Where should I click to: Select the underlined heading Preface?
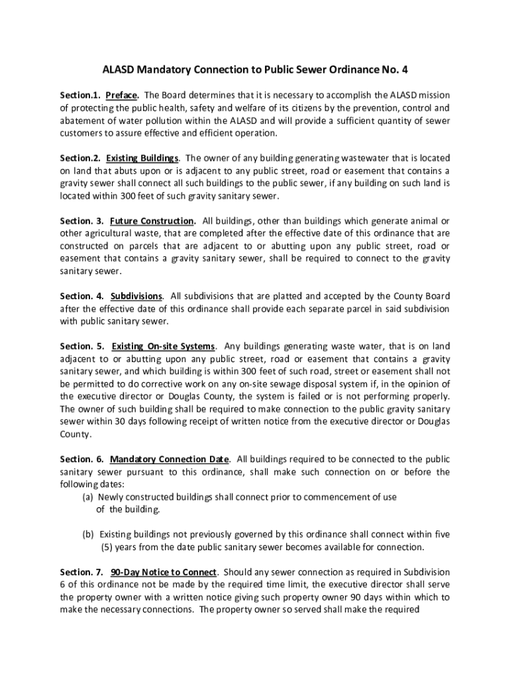click(121, 95)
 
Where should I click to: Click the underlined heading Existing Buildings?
click(142, 158)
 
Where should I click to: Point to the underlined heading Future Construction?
click(152, 220)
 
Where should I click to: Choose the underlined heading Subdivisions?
click(136, 296)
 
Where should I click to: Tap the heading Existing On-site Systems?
click(163, 346)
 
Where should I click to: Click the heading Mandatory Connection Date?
click(170, 459)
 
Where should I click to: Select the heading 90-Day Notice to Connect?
click(164, 572)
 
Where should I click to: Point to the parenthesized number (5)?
click(108, 548)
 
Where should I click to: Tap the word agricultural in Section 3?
click(113, 233)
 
